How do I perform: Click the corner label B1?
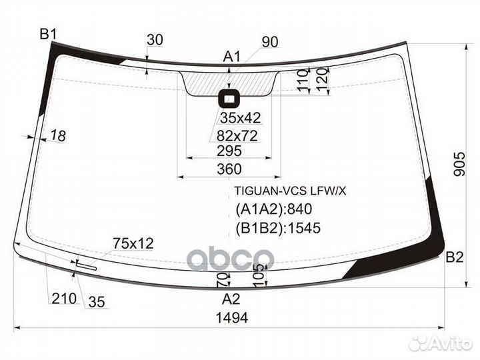tap(48, 34)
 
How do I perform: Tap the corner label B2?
tap(454, 257)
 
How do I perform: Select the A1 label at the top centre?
tap(232, 57)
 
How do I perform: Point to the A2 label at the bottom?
tap(231, 299)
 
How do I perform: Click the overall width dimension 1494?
tap(232, 318)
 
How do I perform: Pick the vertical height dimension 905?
tap(459, 164)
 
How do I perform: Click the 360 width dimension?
tap(229, 169)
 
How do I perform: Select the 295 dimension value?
tap(229, 151)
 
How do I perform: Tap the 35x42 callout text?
tap(240, 118)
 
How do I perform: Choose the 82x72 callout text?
tap(237, 136)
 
